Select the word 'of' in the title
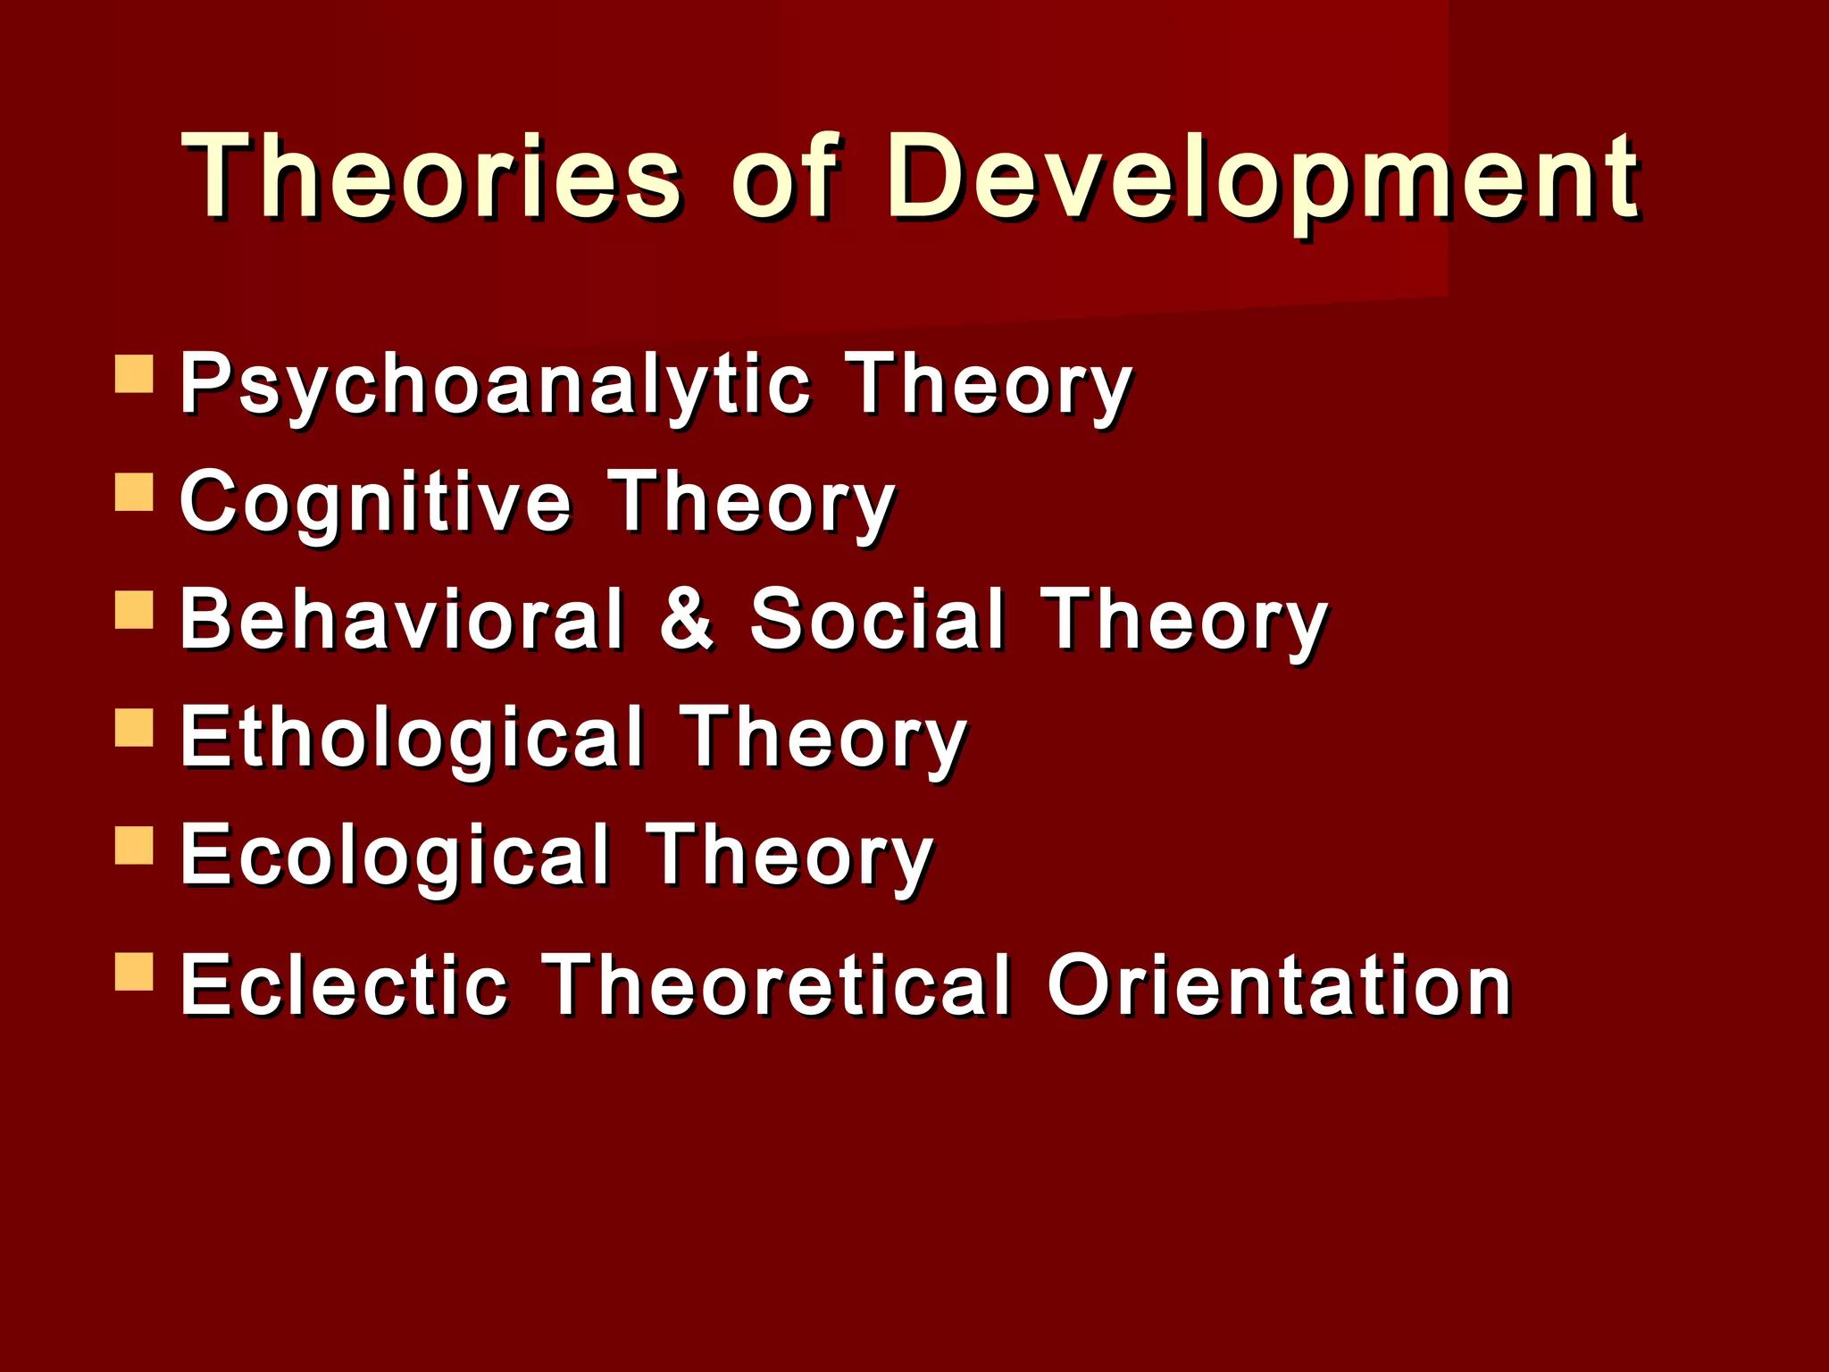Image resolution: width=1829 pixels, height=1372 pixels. click(784, 176)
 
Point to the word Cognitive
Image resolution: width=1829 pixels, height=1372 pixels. click(375, 504)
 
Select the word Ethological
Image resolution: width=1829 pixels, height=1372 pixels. click(412, 739)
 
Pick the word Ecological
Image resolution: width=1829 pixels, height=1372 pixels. click(395, 856)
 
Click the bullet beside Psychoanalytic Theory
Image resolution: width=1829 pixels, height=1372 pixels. click(135, 374)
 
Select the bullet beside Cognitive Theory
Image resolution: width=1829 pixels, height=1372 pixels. click(135, 491)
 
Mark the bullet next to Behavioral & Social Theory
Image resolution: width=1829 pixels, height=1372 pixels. click(135, 609)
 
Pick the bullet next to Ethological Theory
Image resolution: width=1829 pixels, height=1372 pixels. click(135, 727)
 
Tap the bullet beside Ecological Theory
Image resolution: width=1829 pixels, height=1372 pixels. click(135, 845)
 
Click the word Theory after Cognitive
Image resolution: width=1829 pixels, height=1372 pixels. click(750, 504)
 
